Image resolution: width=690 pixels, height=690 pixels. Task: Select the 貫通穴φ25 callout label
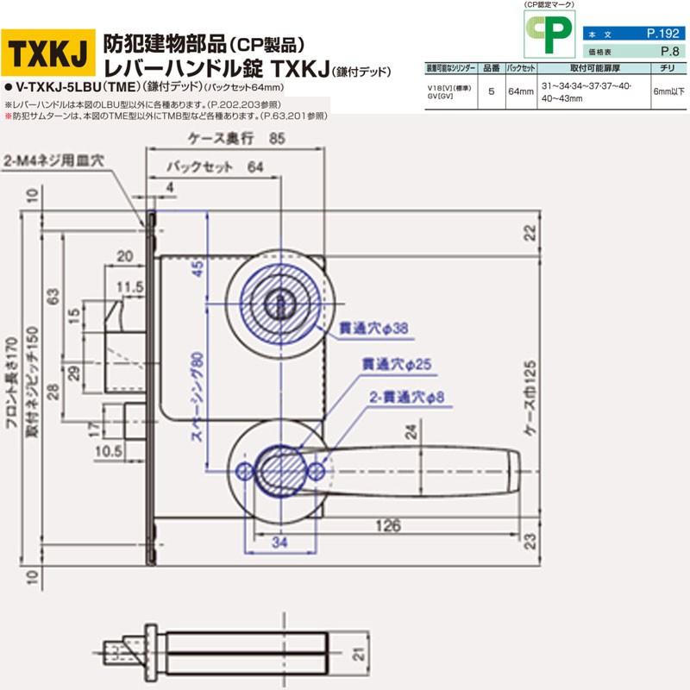click(x=401, y=366)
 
